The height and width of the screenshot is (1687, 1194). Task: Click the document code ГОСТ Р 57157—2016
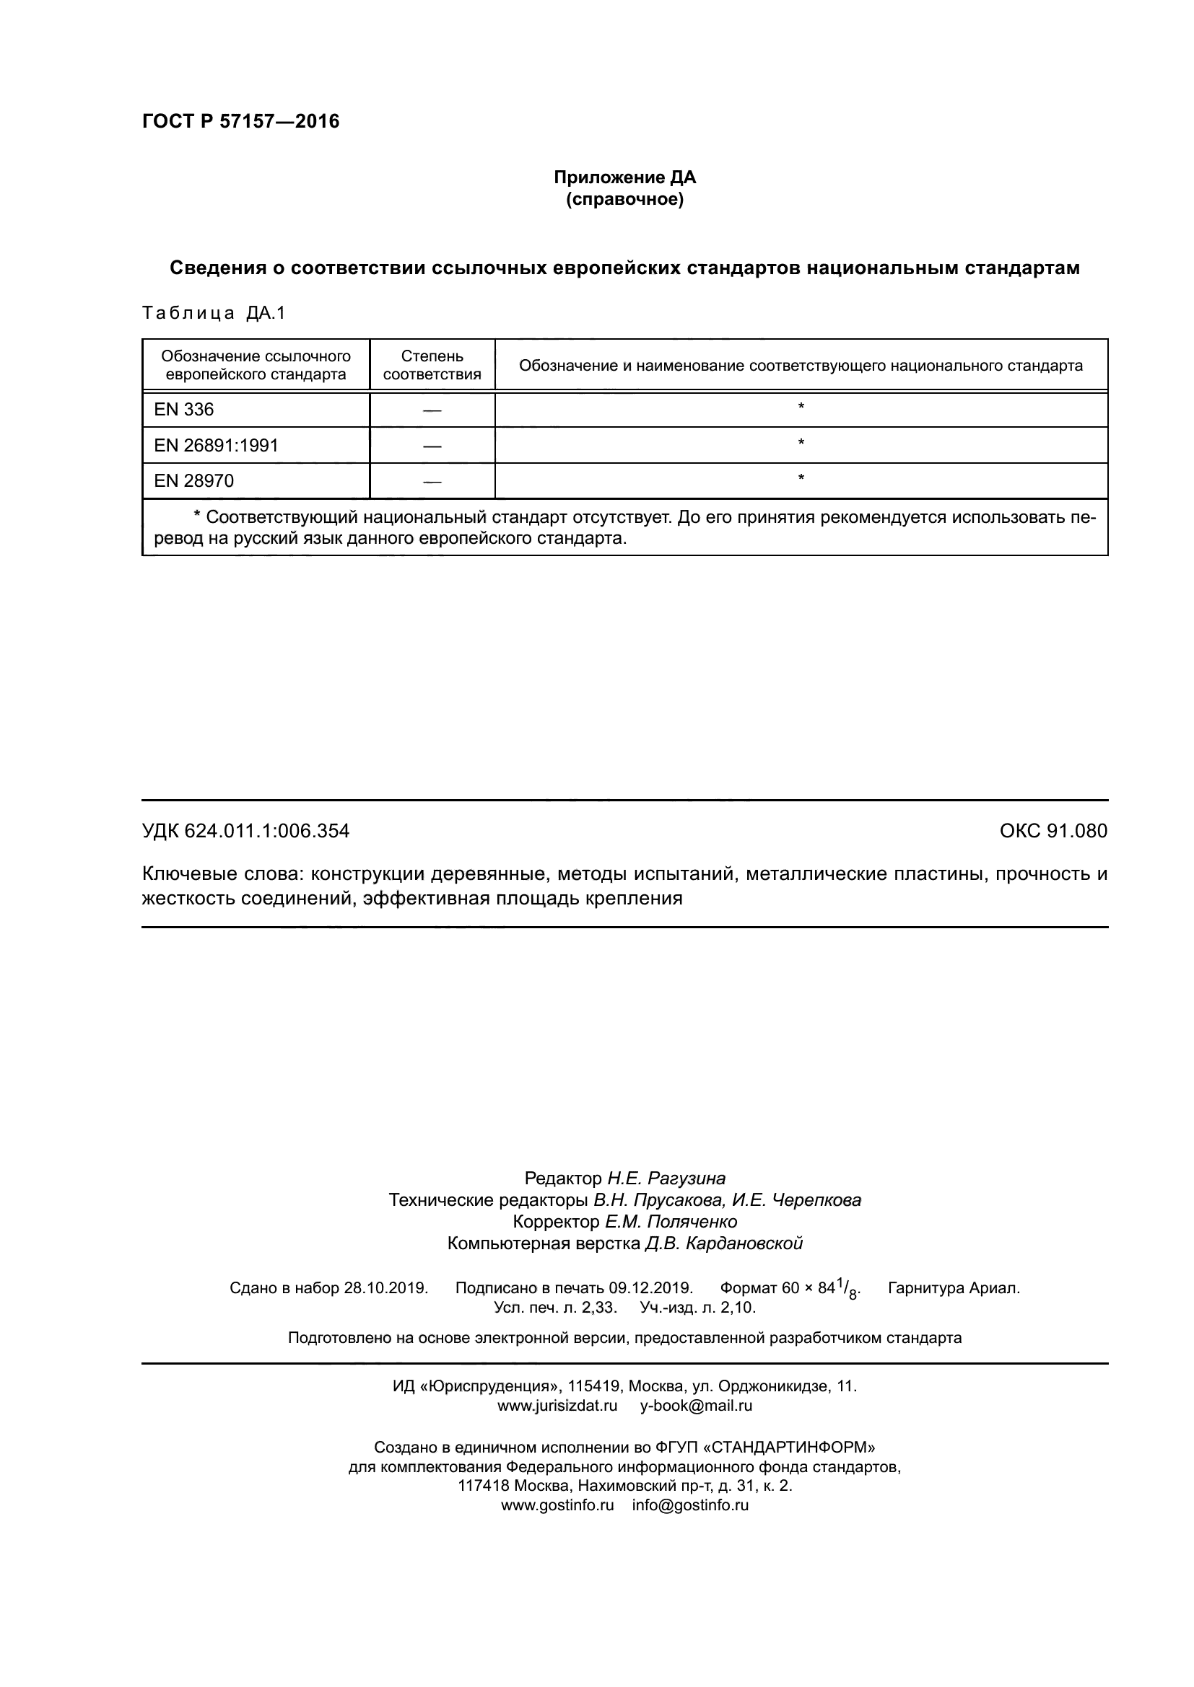point(240,121)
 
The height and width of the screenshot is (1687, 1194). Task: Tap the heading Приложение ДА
point(624,178)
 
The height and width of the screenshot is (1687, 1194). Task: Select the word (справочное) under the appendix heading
point(624,200)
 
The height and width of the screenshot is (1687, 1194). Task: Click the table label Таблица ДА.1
point(213,313)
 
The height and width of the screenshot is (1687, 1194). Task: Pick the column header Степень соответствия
point(432,365)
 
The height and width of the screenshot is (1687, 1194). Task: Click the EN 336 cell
point(184,410)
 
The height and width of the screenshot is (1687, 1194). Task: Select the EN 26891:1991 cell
point(215,446)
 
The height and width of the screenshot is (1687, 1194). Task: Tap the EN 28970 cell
point(193,481)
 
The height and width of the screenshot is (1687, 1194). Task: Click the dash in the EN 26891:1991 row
point(432,446)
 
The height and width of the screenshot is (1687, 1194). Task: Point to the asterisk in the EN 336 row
point(801,407)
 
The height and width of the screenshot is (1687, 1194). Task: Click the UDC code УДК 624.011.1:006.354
point(245,831)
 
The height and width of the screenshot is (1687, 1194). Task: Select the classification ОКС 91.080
point(1053,831)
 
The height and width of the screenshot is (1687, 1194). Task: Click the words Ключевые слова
point(222,874)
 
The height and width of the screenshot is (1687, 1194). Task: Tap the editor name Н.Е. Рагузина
point(666,1179)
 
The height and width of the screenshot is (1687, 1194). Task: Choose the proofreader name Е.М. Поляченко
point(671,1222)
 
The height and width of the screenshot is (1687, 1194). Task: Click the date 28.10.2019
point(385,1288)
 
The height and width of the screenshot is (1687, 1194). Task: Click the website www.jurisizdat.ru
point(557,1406)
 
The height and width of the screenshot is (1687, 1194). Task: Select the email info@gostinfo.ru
point(689,1505)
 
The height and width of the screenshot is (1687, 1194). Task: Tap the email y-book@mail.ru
point(695,1406)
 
